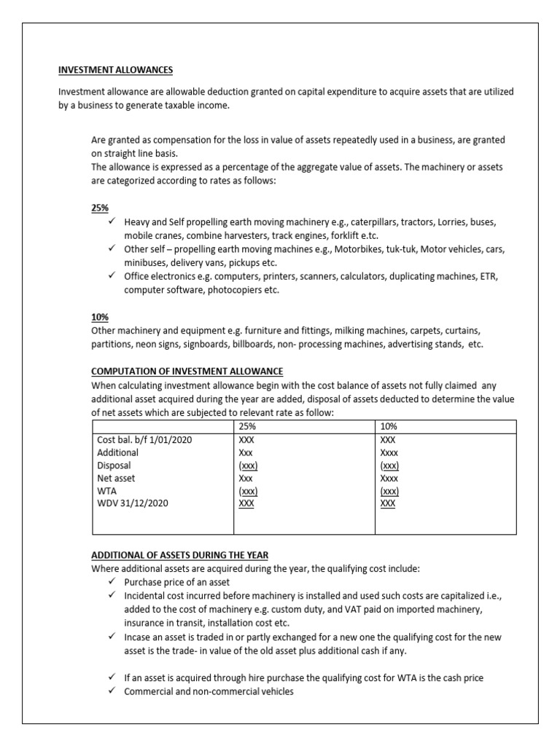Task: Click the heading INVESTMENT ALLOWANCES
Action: (x=115, y=71)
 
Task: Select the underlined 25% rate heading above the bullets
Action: (x=99, y=208)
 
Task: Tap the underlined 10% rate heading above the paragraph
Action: (x=99, y=318)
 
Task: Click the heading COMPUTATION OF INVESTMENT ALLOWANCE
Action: (x=187, y=372)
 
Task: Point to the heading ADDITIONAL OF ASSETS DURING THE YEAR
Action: (x=180, y=555)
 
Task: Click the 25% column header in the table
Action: (x=247, y=426)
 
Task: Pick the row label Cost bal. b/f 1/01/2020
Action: (x=144, y=440)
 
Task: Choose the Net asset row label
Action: (x=116, y=478)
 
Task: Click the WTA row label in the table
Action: (x=106, y=491)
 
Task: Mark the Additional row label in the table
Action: (x=117, y=452)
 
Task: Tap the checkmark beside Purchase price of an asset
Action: (x=111, y=582)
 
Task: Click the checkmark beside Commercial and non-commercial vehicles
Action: (x=111, y=691)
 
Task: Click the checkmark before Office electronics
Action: (x=111, y=276)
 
